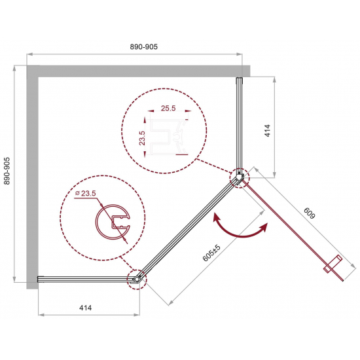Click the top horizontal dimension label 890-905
[144, 47]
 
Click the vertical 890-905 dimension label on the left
[7, 171]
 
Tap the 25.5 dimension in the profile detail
[168, 108]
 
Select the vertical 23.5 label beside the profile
[142, 138]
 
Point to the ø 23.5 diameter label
[85, 193]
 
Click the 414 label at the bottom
[85, 308]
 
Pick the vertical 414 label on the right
[268, 131]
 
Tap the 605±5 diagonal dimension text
[211, 253]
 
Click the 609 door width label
[310, 213]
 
